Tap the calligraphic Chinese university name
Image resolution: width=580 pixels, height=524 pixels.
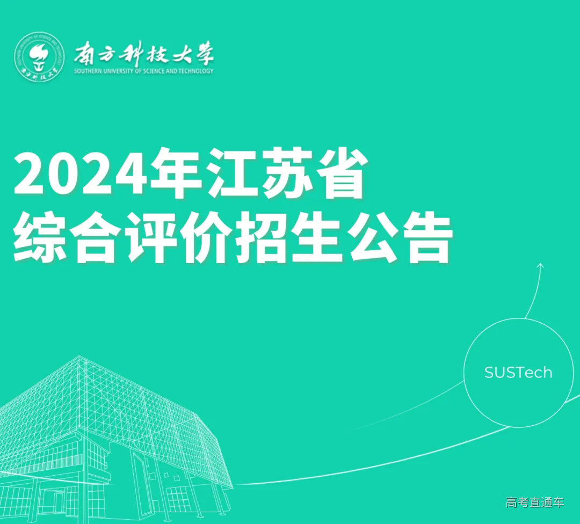pyautogui.click(x=143, y=54)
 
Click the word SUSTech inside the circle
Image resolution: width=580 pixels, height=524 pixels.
pyautogui.click(x=518, y=373)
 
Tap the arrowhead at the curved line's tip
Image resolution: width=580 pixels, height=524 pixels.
pyautogui.click(x=540, y=265)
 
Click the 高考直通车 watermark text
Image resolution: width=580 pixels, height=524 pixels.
pyautogui.click(x=535, y=503)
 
